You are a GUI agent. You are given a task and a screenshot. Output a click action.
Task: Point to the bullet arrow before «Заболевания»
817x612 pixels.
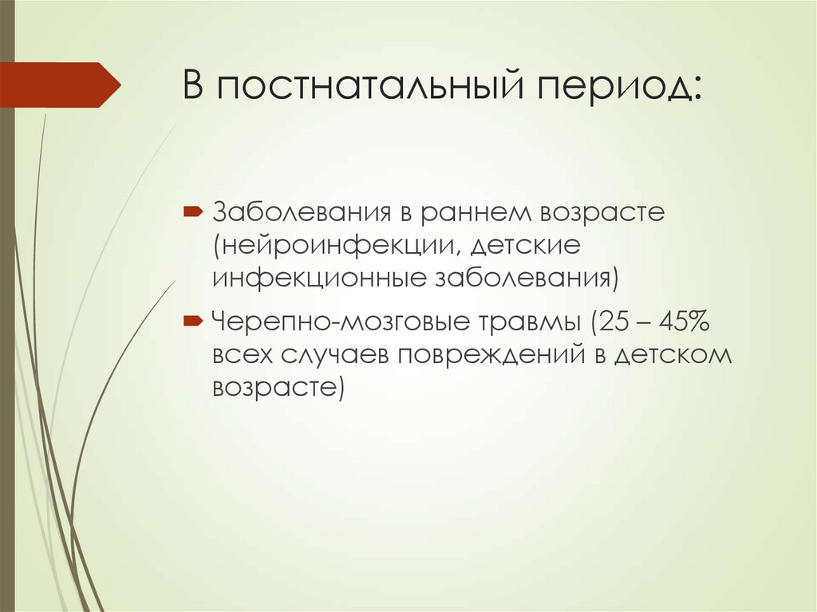[193, 213]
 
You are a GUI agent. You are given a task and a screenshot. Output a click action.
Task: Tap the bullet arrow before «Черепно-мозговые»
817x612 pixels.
[193, 321]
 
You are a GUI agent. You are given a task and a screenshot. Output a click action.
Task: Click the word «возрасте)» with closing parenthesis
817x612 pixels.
[278, 387]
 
